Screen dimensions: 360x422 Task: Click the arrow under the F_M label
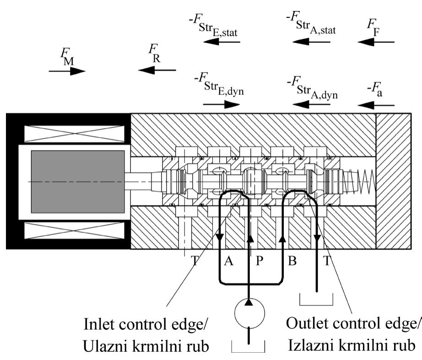(67, 71)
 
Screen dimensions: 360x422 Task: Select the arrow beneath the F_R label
(157, 70)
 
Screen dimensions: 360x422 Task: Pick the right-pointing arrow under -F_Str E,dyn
(222, 104)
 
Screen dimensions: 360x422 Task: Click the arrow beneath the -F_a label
(376, 104)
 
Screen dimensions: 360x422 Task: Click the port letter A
(229, 262)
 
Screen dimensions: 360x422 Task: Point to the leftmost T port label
(195, 262)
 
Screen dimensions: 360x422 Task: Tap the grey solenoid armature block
(77, 182)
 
